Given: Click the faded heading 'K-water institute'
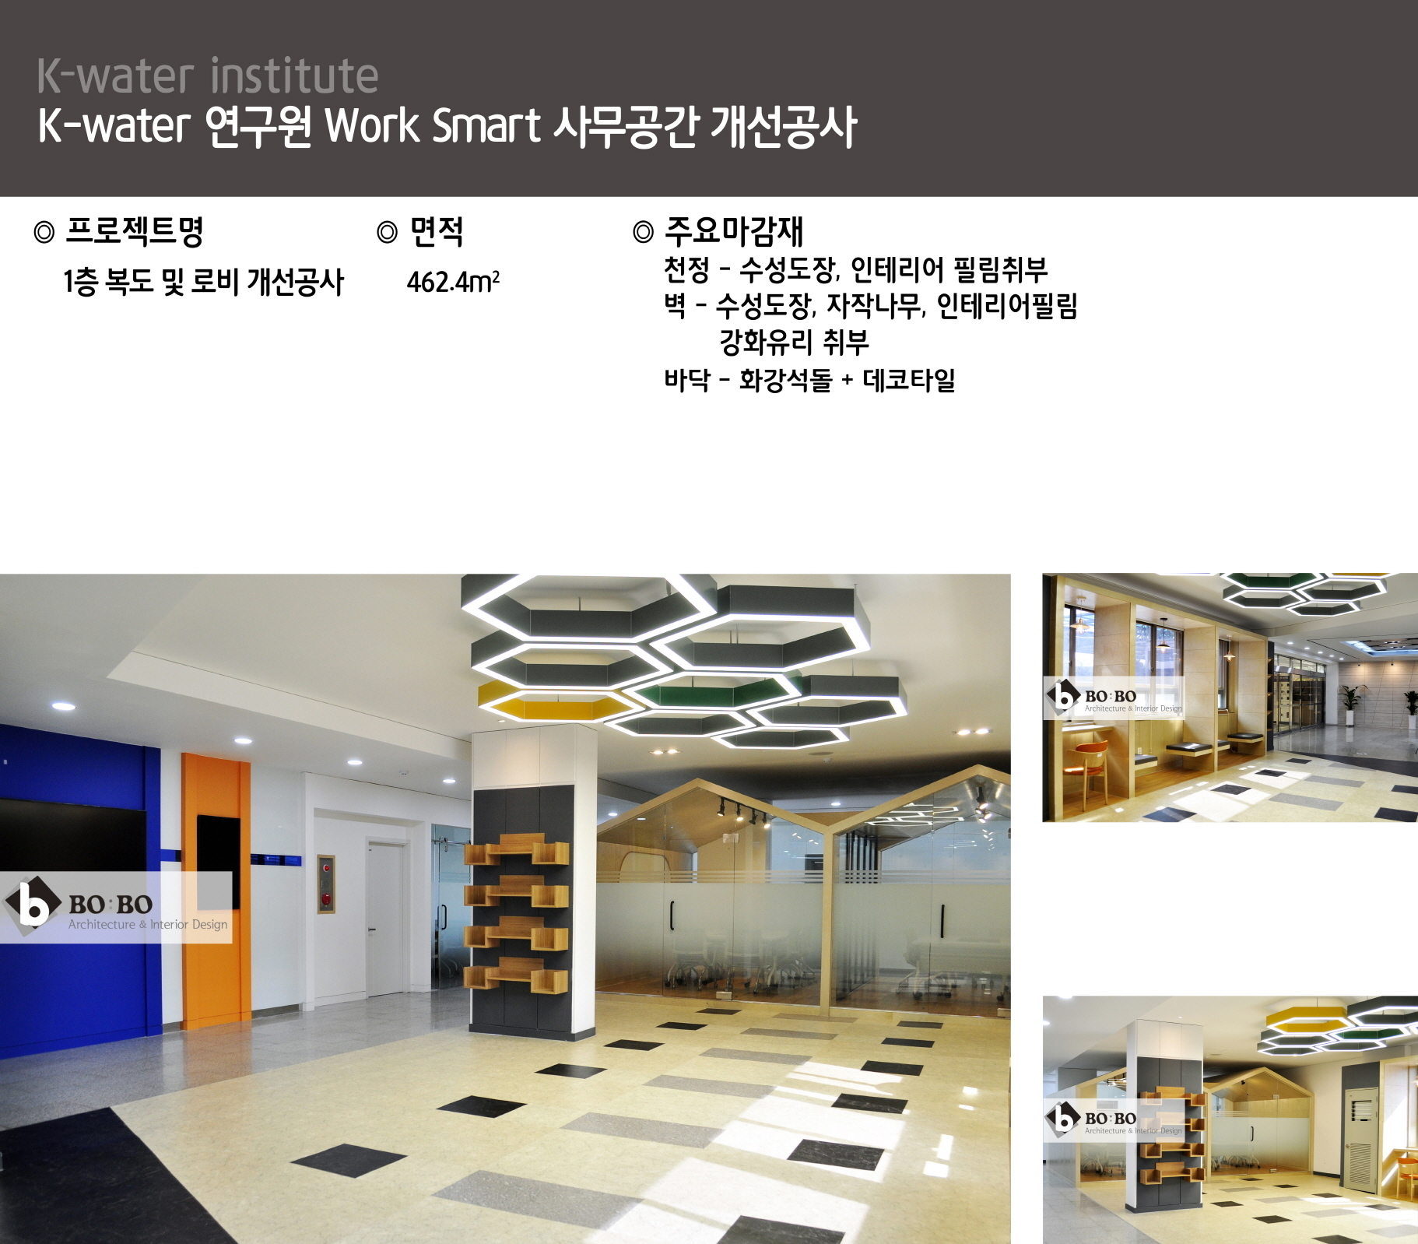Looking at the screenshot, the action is pyautogui.click(x=207, y=76).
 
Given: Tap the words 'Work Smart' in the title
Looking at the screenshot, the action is pyautogui.click(x=433, y=126).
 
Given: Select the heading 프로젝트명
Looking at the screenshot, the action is pyautogui.click(x=135, y=231).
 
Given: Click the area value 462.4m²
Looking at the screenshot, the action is pyautogui.click(x=453, y=282).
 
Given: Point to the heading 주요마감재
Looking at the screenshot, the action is pyautogui.click(x=733, y=231).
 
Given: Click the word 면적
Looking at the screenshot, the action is pyautogui.click(x=437, y=231).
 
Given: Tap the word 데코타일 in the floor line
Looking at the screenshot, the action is pyautogui.click(x=909, y=380).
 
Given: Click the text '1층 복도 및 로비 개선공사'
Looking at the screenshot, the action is pyautogui.click(x=204, y=282).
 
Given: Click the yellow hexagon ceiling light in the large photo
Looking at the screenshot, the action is pyautogui.click(x=556, y=699).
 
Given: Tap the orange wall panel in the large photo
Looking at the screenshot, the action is pyautogui.click(x=216, y=887).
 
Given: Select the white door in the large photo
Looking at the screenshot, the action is pyautogui.click(x=385, y=919).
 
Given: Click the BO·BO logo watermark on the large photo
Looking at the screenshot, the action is pyautogui.click(x=116, y=908).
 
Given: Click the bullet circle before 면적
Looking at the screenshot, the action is pyautogui.click(x=387, y=232).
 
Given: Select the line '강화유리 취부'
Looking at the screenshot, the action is pyautogui.click(x=794, y=343).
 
